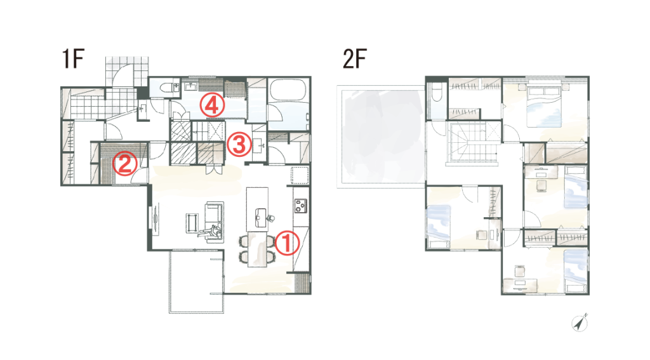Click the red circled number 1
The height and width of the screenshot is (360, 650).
pos(287,243)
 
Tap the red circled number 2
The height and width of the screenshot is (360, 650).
pos(125,163)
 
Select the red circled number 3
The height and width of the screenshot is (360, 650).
pos(239,145)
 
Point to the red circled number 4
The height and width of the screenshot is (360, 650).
pos(212,105)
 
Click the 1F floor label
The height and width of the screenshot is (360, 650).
pos(73,58)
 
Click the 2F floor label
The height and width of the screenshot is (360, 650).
pos(354,58)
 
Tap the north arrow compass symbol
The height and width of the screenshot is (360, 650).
pos(580,323)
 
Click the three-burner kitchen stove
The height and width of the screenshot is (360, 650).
pos(301,206)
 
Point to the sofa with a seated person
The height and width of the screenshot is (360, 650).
pos(215,222)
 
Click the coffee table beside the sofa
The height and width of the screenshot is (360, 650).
pos(192,223)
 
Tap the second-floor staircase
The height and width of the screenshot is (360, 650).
pos(472,143)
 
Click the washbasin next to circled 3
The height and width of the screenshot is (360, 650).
pos(260,146)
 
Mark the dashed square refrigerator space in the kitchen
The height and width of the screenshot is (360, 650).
pos(300,175)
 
